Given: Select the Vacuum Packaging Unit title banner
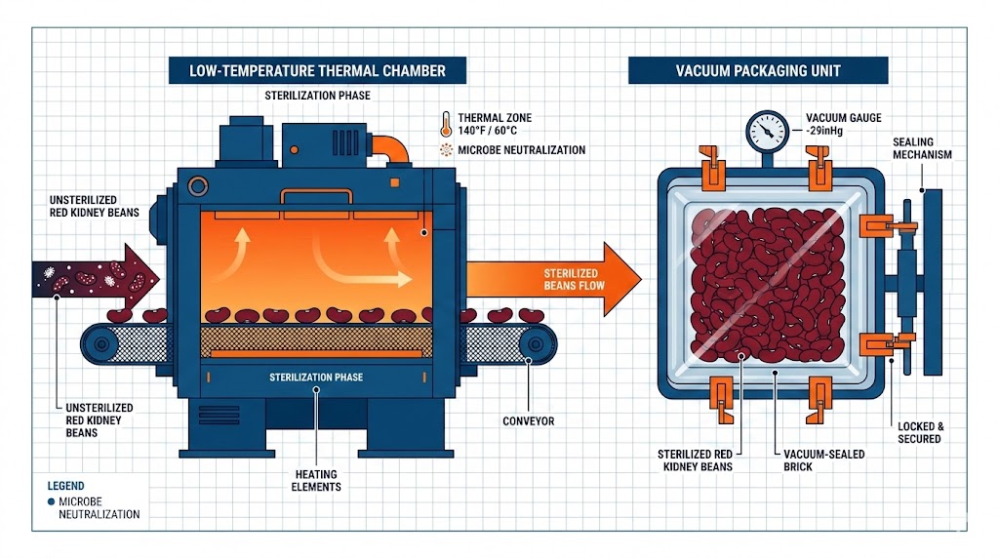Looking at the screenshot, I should tap(758, 70).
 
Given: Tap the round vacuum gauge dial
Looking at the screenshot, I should tap(767, 129).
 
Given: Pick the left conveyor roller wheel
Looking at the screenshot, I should tap(100, 342).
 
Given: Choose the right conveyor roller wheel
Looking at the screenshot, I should tap(531, 342).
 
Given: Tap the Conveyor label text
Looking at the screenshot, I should tap(528, 421).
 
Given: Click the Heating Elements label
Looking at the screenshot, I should tap(316, 480).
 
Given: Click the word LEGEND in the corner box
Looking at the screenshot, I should tap(65, 486).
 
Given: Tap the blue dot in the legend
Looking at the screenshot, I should tap(50, 500).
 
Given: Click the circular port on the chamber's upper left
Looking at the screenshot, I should tap(198, 185).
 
